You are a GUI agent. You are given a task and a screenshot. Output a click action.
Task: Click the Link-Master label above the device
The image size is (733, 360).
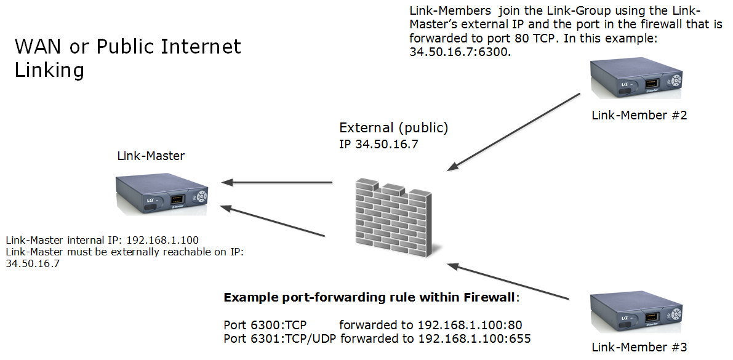[x=151, y=156]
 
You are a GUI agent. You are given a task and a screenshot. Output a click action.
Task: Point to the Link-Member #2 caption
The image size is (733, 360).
[x=638, y=115]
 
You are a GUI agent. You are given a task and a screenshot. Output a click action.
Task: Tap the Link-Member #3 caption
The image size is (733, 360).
[x=638, y=348]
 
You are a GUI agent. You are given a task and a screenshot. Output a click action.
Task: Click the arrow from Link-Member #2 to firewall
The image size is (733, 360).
[x=514, y=130]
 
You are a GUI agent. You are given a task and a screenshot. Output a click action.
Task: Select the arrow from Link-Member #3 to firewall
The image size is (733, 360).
[x=508, y=282]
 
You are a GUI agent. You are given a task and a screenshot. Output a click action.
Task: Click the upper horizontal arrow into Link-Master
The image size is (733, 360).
[x=277, y=182]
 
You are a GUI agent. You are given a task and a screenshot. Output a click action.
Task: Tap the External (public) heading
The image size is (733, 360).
[x=394, y=129]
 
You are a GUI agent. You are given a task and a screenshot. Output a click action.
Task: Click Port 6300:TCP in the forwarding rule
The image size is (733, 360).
[x=265, y=324]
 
